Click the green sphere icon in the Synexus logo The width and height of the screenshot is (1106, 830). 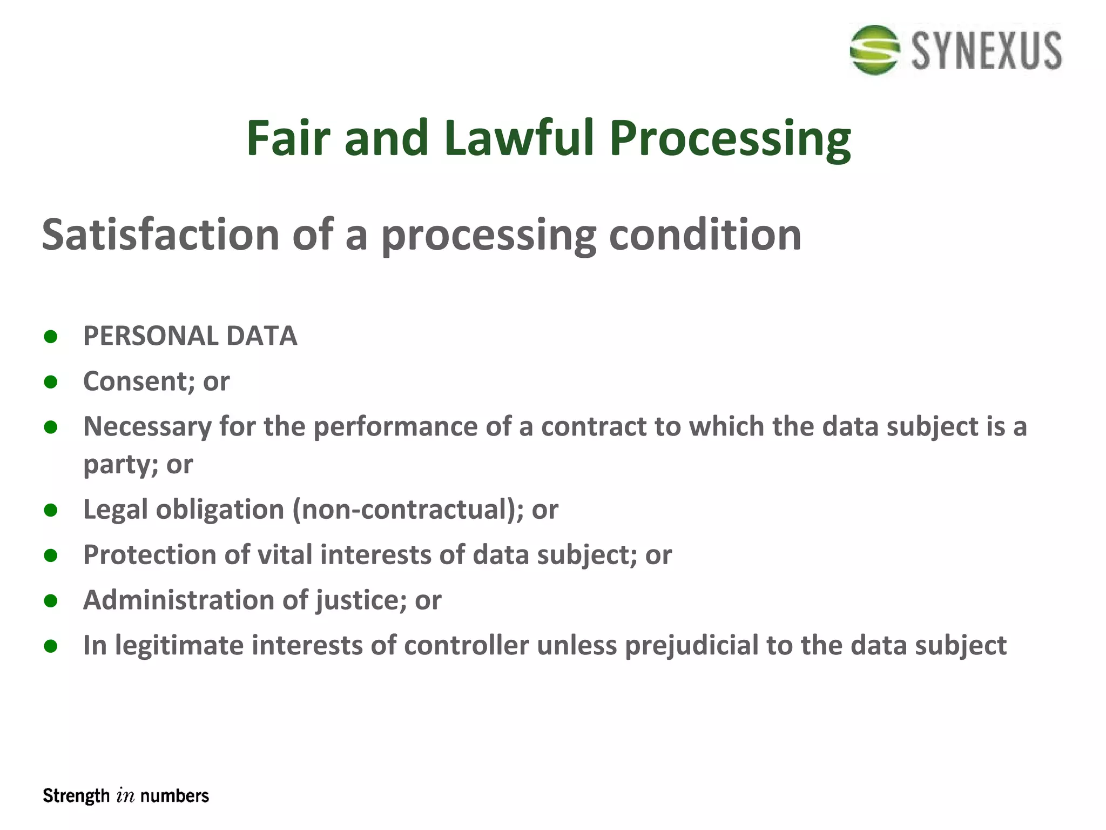(x=874, y=50)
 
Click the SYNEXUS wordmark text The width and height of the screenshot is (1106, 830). (x=987, y=51)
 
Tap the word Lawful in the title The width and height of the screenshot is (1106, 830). (x=519, y=138)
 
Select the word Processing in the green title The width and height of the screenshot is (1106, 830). (x=730, y=139)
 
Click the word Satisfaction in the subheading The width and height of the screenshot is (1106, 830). (x=160, y=235)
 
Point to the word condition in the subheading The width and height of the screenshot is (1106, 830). (x=705, y=235)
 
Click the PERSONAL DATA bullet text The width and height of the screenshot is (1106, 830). (x=190, y=336)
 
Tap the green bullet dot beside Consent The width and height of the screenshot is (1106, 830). (x=51, y=382)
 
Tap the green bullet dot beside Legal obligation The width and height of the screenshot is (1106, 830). (x=51, y=510)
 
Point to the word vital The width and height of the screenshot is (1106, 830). (x=285, y=555)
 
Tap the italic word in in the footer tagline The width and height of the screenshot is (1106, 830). (x=125, y=796)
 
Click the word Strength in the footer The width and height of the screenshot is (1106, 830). (x=76, y=796)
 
